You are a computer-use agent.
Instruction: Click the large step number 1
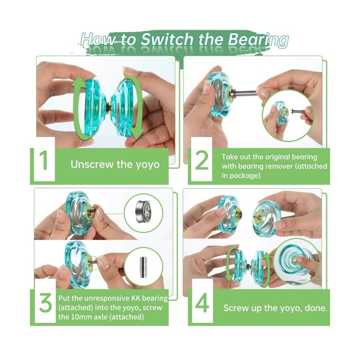point(44,160)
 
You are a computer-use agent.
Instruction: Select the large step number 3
point(46,303)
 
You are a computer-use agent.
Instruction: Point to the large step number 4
point(202,303)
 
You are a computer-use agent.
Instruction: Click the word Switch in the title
point(168,39)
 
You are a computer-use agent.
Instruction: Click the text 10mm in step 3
point(80,317)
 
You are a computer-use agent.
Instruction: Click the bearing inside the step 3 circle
point(143,211)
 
